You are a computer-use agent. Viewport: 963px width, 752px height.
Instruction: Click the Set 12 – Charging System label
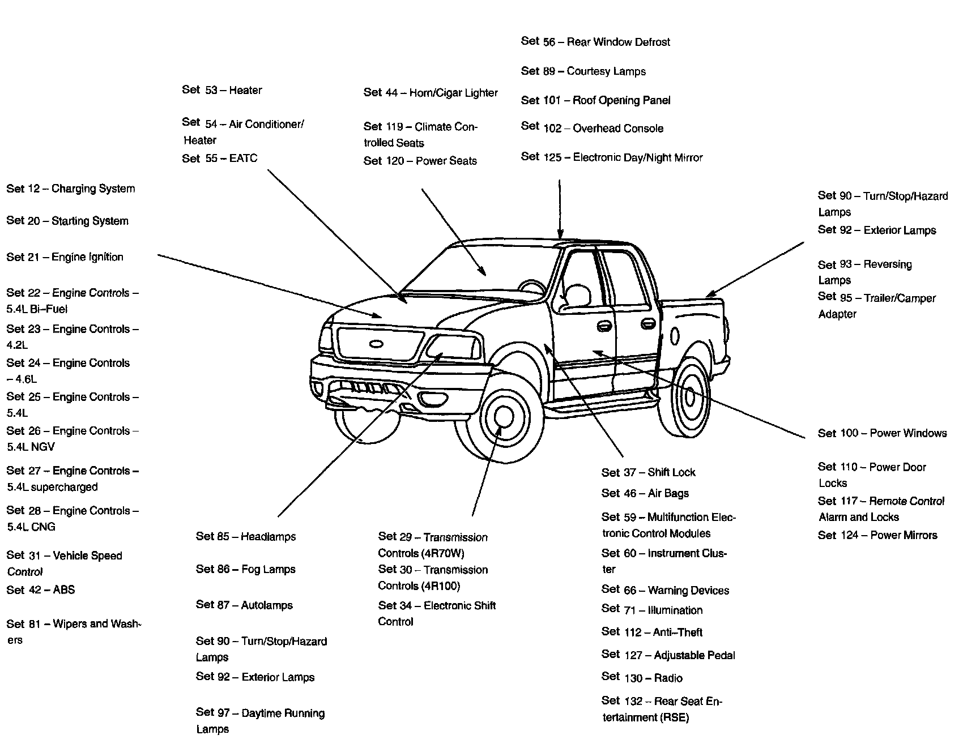(71, 189)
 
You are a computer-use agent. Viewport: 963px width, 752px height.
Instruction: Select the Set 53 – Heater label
(222, 90)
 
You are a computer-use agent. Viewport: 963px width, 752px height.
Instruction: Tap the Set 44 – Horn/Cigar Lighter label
(431, 93)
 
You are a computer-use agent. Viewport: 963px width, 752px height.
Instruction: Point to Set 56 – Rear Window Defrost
(595, 42)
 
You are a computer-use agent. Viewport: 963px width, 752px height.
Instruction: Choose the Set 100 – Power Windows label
(882, 433)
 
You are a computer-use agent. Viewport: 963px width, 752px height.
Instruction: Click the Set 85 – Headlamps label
(246, 536)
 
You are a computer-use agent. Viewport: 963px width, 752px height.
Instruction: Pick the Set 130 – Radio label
(642, 678)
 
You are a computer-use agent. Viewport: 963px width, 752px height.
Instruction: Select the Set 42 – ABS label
(41, 589)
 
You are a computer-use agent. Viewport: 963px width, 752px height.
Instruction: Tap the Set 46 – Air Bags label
(645, 493)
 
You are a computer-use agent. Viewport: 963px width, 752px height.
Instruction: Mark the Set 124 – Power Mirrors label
(877, 535)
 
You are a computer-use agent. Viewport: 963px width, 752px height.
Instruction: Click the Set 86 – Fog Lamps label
(246, 569)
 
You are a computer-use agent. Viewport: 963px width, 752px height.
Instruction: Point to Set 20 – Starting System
(67, 221)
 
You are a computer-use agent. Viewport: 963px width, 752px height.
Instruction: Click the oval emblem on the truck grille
(376, 343)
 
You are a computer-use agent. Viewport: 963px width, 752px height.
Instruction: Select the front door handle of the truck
(604, 326)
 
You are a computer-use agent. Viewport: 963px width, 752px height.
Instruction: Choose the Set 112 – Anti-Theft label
(652, 632)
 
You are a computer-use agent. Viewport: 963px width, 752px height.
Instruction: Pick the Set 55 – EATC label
(220, 159)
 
